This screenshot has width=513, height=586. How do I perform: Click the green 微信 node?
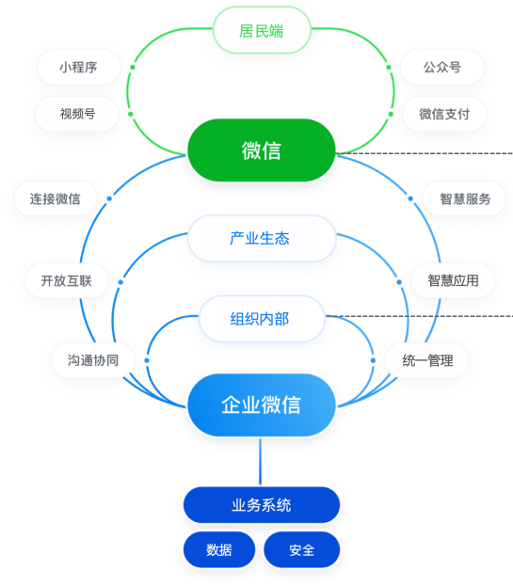point(261,150)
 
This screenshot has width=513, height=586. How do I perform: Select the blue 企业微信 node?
point(261,404)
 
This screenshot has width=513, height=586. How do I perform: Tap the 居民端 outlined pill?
point(262,30)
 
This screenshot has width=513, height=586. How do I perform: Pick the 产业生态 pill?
point(262,238)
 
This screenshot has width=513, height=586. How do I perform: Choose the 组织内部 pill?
point(262,319)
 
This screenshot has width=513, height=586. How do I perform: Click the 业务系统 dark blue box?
point(262,505)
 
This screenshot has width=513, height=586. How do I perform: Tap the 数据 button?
point(219,549)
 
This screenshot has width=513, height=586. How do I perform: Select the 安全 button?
point(302,549)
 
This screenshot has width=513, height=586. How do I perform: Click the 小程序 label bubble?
point(78,68)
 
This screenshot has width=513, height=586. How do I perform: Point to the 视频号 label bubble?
point(77,114)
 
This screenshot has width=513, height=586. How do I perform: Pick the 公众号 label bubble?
point(442,68)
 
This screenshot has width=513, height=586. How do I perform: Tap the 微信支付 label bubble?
point(444,114)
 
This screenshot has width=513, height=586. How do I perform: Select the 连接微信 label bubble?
point(56,198)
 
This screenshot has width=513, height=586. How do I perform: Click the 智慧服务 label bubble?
point(464,198)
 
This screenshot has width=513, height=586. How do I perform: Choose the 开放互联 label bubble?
point(67,280)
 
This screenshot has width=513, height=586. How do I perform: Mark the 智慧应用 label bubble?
point(453,280)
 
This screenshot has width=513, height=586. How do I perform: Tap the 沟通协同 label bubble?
point(93,360)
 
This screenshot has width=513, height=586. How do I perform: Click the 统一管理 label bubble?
point(427,360)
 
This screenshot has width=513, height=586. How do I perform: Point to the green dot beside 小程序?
point(133,68)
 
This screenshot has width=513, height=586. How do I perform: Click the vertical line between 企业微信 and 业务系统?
point(260,462)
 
